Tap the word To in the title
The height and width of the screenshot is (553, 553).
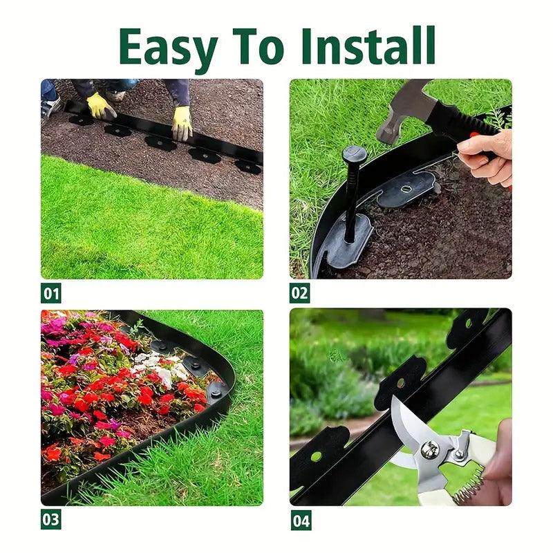tap(258, 46)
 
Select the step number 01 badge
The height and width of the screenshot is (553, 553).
tap(50, 292)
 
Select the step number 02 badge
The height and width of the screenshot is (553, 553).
tap(300, 292)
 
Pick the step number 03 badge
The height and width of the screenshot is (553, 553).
tap(50, 519)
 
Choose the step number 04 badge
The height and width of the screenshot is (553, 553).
tap(301, 520)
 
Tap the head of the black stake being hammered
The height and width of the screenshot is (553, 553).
tap(355, 154)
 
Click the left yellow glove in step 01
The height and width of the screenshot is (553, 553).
tap(100, 106)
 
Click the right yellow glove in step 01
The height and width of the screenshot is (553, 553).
tap(182, 124)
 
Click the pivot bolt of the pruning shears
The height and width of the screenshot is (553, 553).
tap(430, 450)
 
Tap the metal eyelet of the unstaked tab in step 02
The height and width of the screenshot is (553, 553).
tap(406, 189)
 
